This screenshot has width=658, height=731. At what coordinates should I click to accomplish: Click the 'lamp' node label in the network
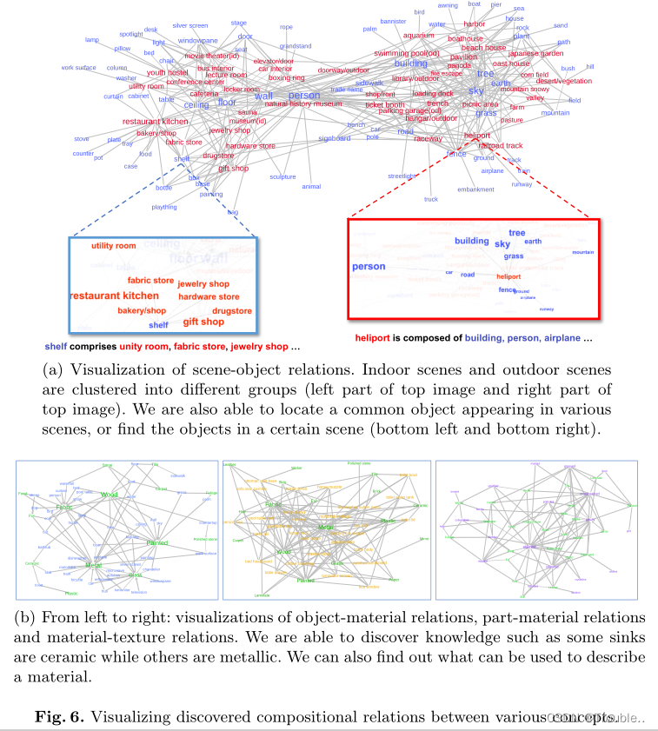[x=92, y=40]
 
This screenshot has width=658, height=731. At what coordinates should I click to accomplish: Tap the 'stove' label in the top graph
[x=81, y=138]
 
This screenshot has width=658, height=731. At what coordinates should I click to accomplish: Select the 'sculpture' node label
[x=282, y=176]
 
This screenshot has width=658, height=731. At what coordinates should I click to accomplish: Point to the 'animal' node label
[x=311, y=186]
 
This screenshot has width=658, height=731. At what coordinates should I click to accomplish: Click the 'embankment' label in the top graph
[x=475, y=189]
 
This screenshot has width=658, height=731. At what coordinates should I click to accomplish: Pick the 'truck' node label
[x=431, y=199]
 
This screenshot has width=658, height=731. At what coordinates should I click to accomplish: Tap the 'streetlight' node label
[x=404, y=176]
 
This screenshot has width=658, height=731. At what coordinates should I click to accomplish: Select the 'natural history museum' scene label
[x=303, y=104]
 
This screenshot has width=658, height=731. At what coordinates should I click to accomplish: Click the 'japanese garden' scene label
[x=541, y=53]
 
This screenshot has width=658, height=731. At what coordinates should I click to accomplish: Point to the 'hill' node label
[x=590, y=66]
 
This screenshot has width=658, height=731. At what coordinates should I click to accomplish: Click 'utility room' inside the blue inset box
[x=114, y=247]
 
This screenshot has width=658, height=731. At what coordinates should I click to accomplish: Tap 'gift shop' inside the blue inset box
[x=203, y=322]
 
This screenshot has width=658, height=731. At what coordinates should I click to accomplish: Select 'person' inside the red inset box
[x=369, y=266]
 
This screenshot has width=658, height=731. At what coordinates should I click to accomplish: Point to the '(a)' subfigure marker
[x=54, y=369]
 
